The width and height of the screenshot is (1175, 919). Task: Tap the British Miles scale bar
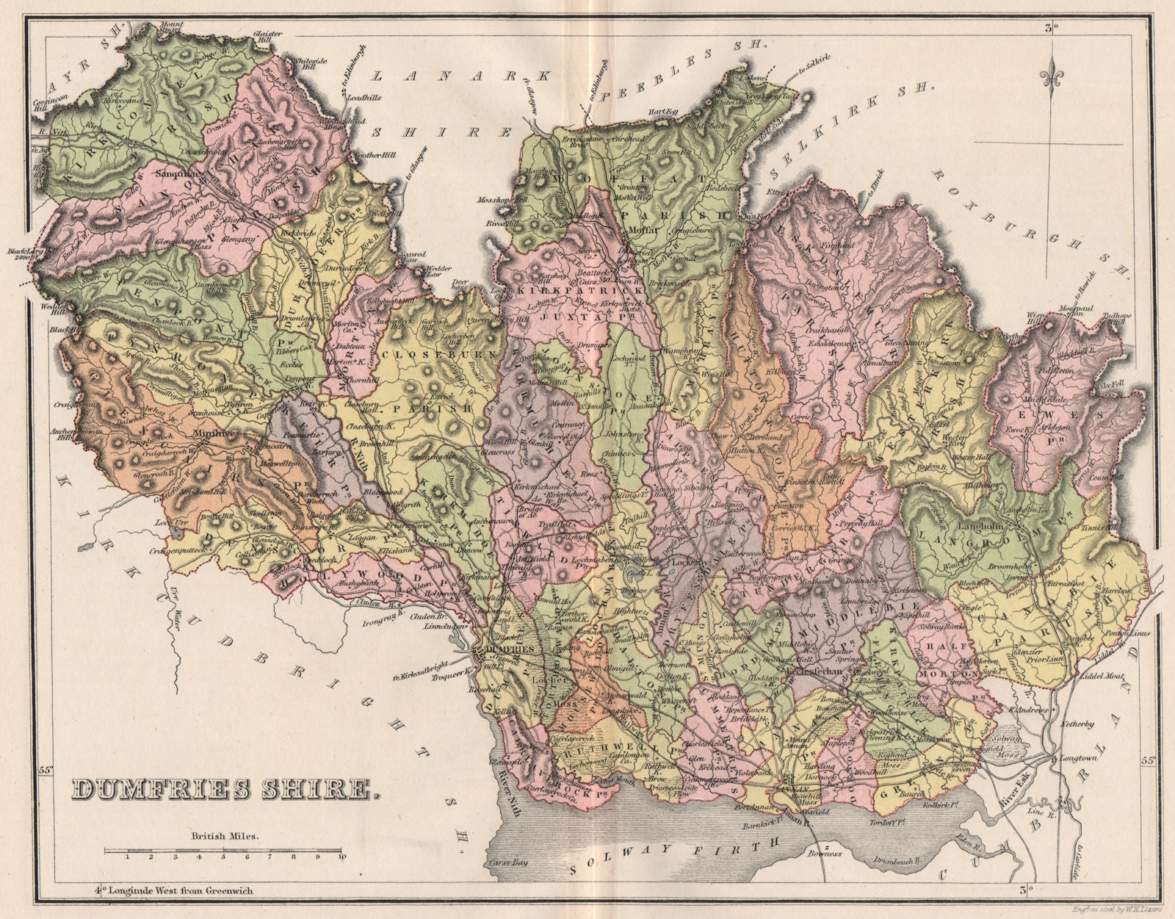pyautogui.click(x=225, y=852)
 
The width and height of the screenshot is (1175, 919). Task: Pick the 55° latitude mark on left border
pyautogui.click(x=46, y=770)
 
